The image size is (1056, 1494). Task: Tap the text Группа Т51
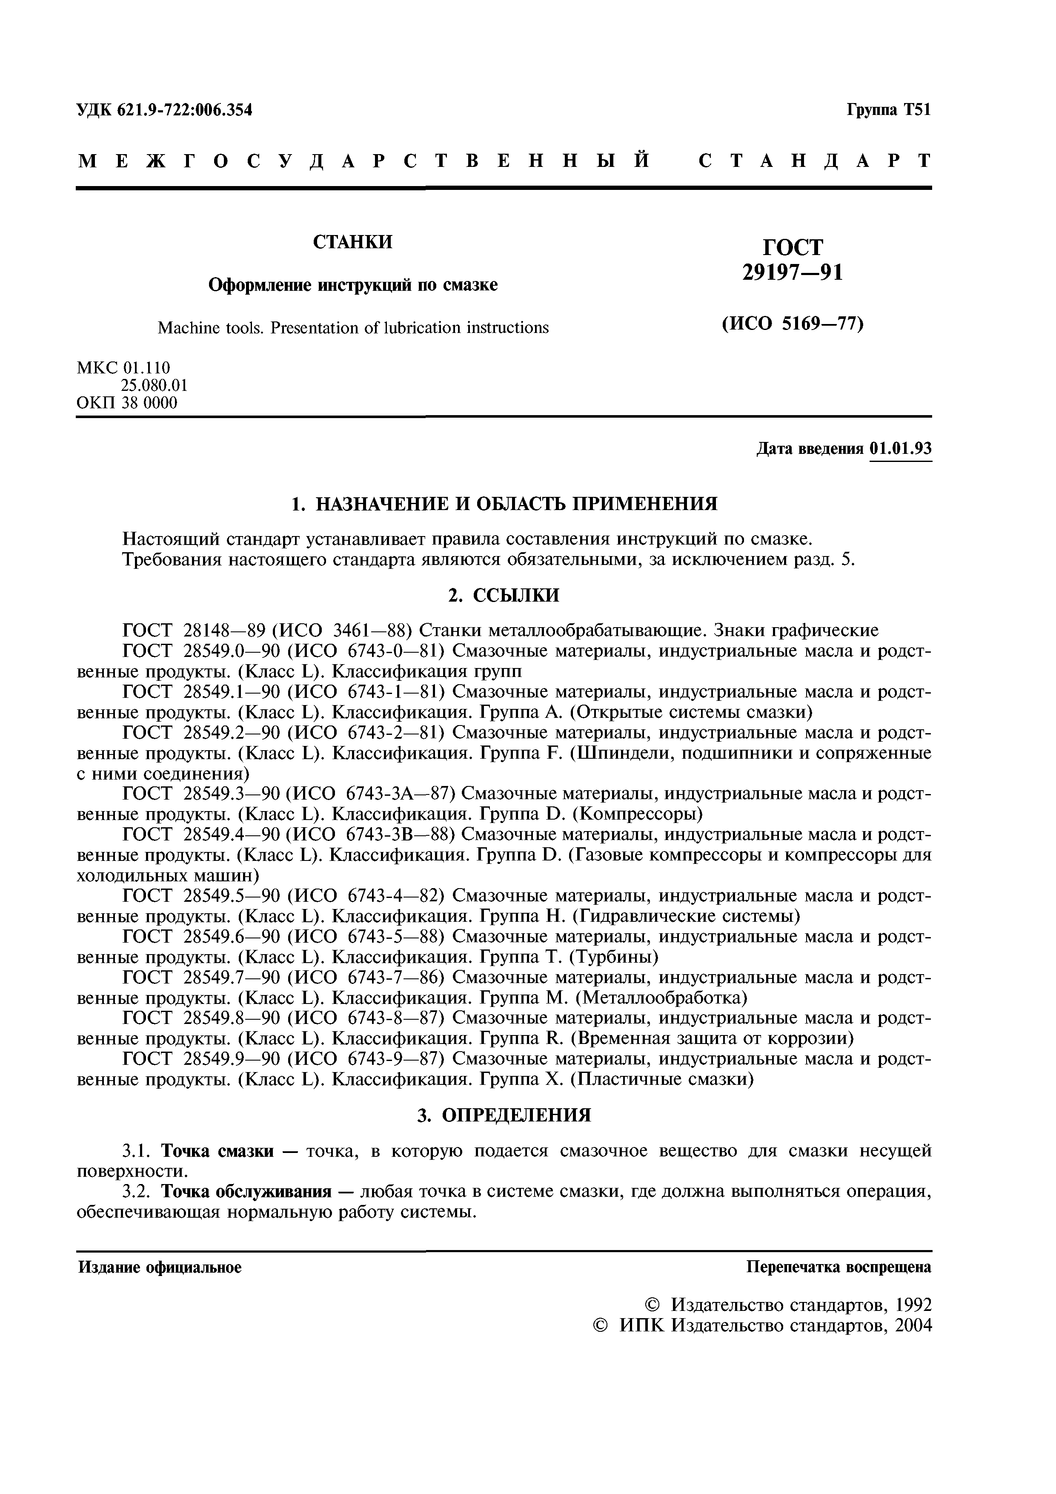(x=888, y=110)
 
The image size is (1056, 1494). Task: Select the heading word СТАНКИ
(x=353, y=242)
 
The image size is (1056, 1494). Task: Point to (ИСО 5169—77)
(x=793, y=324)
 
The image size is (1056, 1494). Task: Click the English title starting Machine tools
(x=353, y=327)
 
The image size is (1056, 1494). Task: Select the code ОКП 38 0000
(x=127, y=403)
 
